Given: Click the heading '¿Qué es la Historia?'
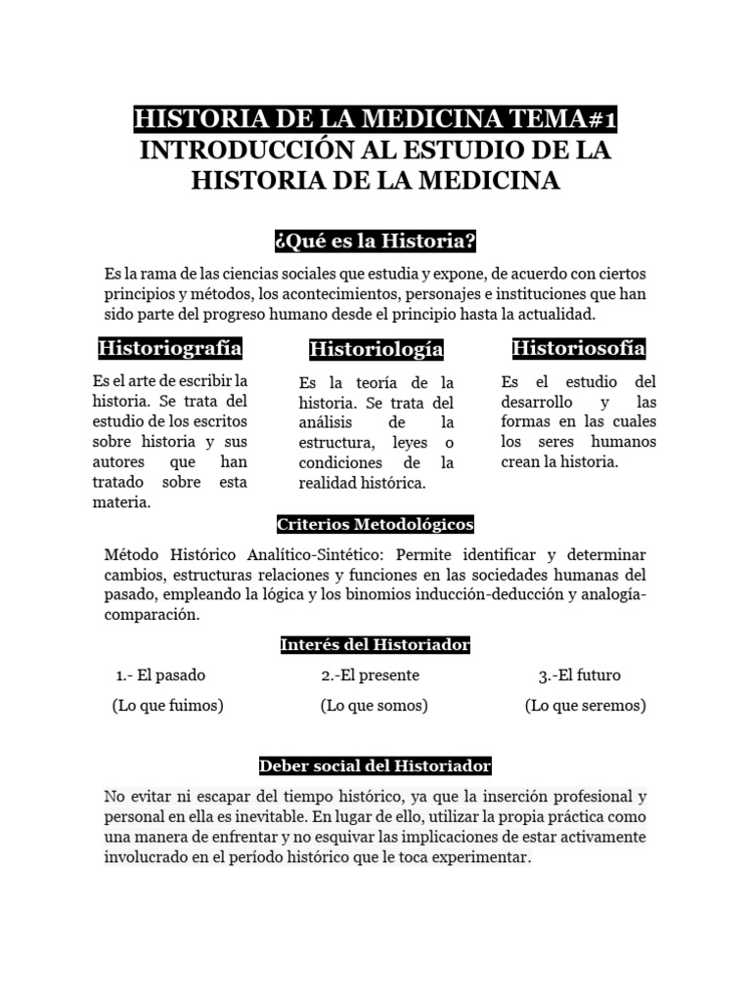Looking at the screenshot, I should (375, 241).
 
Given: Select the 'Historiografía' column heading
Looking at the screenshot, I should (170, 348).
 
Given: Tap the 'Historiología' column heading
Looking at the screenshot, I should (376, 349).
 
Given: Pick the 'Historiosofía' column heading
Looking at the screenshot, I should (579, 348).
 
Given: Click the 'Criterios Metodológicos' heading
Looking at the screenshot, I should (375, 525).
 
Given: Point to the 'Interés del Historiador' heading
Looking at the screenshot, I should (375, 645).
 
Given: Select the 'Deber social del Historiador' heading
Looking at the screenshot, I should (375, 765).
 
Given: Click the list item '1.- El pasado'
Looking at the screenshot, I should (160, 675).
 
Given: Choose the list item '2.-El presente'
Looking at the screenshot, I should (370, 675).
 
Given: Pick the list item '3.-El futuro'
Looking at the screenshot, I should (579, 675).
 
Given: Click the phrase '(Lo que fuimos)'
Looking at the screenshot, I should (167, 705).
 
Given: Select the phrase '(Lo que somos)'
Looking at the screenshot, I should (375, 705).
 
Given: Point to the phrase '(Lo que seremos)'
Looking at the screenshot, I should (585, 705).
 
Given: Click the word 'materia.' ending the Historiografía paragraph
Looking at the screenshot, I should (121, 502).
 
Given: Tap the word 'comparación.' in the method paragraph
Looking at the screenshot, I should (152, 615).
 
